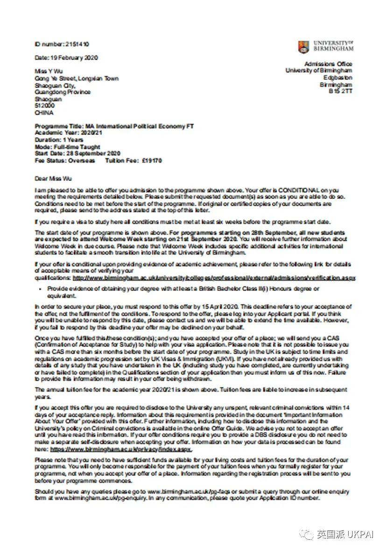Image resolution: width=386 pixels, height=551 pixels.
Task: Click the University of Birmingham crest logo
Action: point(303,47)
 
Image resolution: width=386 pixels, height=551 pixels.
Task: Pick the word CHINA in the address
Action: point(44,113)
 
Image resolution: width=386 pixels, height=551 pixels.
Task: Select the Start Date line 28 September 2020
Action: point(77,153)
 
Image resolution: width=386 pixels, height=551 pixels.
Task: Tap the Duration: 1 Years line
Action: point(59,140)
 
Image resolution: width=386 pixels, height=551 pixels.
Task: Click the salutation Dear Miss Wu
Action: point(53,178)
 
